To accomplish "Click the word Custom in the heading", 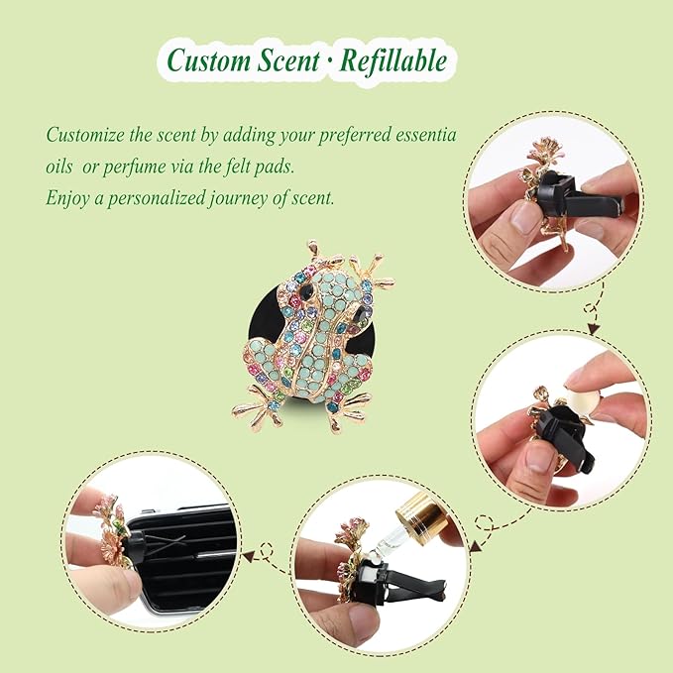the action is click(x=209, y=60).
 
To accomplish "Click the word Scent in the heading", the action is click(x=289, y=60).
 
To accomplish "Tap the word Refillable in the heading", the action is click(x=393, y=60).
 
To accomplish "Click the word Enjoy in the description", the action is click(x=66, y=198).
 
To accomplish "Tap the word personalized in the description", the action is click(x=156, y=198).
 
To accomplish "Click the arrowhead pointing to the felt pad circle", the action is click(x=594, y=329).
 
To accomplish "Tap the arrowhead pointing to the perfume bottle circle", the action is click(x=475, y=546).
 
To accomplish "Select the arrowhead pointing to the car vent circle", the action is click(x=248, y=557).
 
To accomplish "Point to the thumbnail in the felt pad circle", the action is click(x=540, y=458).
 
